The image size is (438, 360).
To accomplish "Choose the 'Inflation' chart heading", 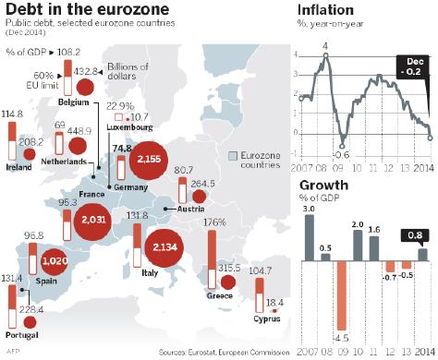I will (322, 10).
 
